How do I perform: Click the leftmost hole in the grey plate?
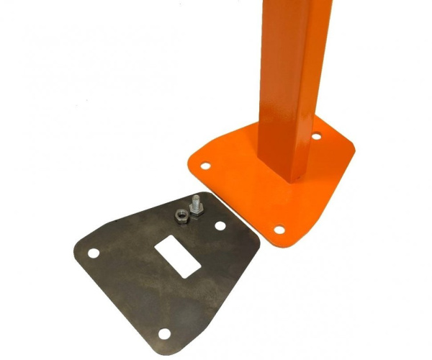pyautogui.click(x=93, y=253)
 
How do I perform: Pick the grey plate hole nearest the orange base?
pyautogui.click(x=220, y=226)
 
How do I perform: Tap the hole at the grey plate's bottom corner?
pyautogui.click(x=165, y=333)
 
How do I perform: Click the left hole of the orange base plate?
pyautogui.click(x=204, y=166)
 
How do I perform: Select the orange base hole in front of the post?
pyautogui.click(x=279, y=230)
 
